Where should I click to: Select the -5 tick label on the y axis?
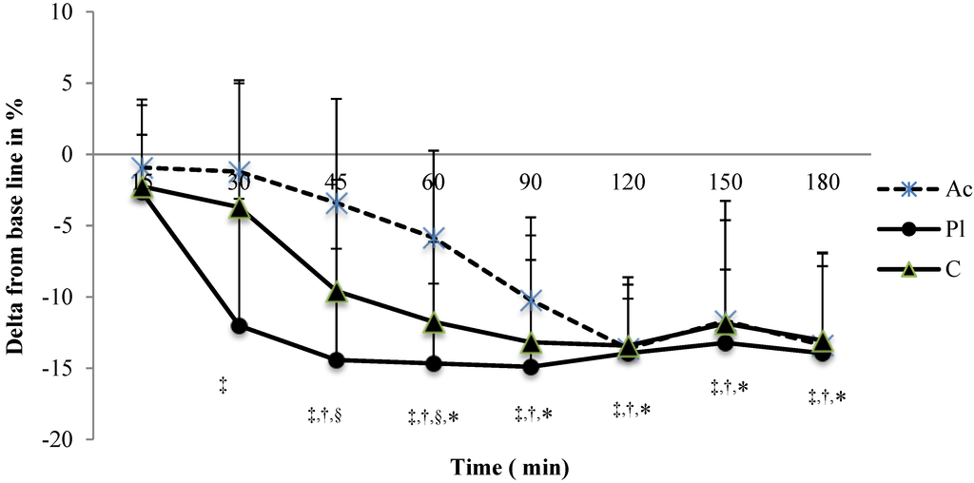click(73, 226)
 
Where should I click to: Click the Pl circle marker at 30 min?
click(240, 326)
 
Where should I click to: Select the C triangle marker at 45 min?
click(337, 292)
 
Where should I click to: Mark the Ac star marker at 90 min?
click(531, 301)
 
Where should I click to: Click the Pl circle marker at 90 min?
click(531, 367)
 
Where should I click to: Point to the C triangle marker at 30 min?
click(240, 208)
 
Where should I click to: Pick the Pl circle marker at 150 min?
click(725, 342)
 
